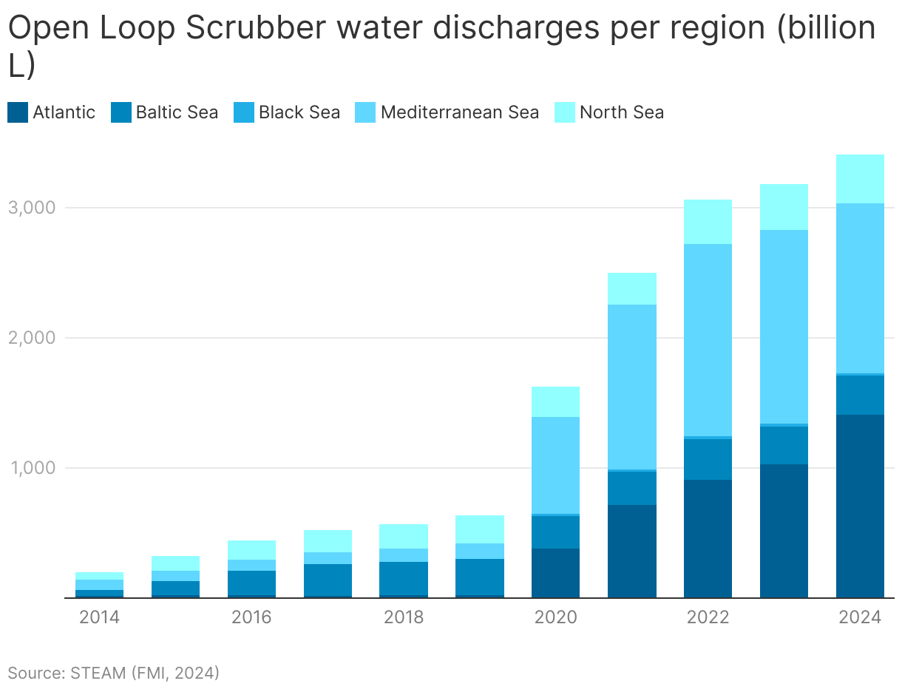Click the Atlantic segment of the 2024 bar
860,506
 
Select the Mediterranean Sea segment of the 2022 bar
708,340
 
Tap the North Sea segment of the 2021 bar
631,289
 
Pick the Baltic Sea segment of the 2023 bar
784,445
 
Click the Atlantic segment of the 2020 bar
555,573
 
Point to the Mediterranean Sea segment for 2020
555,465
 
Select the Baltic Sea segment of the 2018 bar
403,578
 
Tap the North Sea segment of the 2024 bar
860,179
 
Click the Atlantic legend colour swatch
18,112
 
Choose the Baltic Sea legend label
177,112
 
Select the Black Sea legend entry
286,112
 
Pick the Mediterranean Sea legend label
459,112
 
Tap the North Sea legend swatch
565,112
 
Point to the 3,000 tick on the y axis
31,208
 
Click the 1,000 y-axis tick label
31,468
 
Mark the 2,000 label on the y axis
31,338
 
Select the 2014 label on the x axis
99,617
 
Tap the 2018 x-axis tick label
403,617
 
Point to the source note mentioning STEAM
114,673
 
